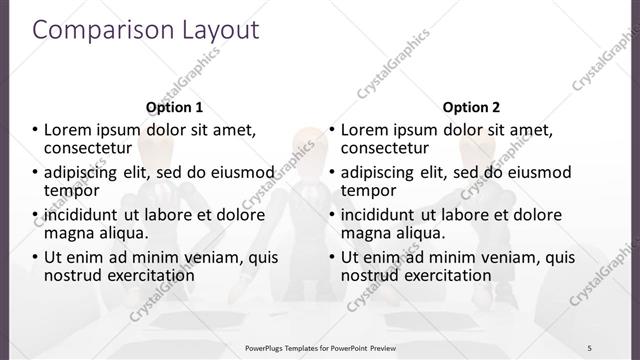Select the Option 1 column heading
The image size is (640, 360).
174,106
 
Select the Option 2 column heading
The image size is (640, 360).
472,106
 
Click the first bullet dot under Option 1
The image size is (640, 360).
35,129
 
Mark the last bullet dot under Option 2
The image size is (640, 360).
332,257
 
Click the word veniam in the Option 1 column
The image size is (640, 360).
210,257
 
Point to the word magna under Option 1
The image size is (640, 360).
69,233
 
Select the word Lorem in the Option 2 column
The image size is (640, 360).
366,129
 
